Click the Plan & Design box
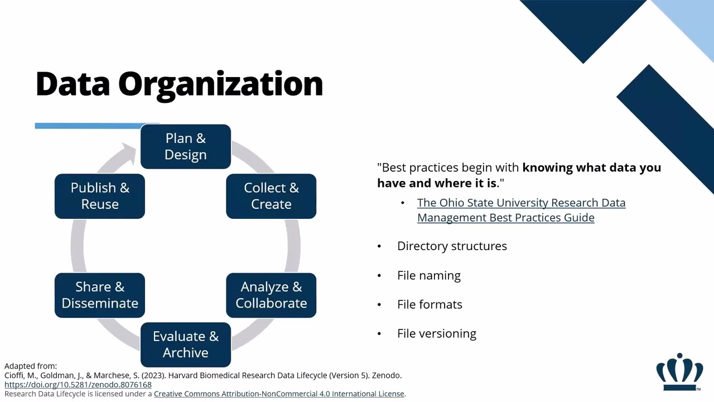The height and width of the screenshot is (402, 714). click(185, 146)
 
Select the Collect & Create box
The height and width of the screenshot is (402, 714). click(271, 196)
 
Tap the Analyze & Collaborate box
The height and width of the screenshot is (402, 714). click(271, 295)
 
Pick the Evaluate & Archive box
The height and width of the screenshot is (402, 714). click(185, 344)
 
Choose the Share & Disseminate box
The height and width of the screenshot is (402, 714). click(100, 295)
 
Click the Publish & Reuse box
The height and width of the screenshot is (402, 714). click(100, 196)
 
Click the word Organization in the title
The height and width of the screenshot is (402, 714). click(220, 84)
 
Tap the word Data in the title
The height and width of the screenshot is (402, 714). click(73, 84)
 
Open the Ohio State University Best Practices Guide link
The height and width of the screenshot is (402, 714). click(520, 210)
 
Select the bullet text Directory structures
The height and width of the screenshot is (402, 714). click(452, 246)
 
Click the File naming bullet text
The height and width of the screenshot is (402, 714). click(428, 276)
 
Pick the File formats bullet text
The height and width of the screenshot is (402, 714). click(430, 305)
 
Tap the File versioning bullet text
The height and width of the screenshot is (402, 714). click(436, 334)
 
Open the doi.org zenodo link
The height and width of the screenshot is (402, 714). click(78, 385)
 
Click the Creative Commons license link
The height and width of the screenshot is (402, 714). click(279, 394)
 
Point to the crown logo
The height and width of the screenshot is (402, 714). click(679, 372)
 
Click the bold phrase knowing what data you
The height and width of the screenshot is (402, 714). click(591, 167)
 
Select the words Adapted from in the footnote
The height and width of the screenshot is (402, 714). click(31, 366)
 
